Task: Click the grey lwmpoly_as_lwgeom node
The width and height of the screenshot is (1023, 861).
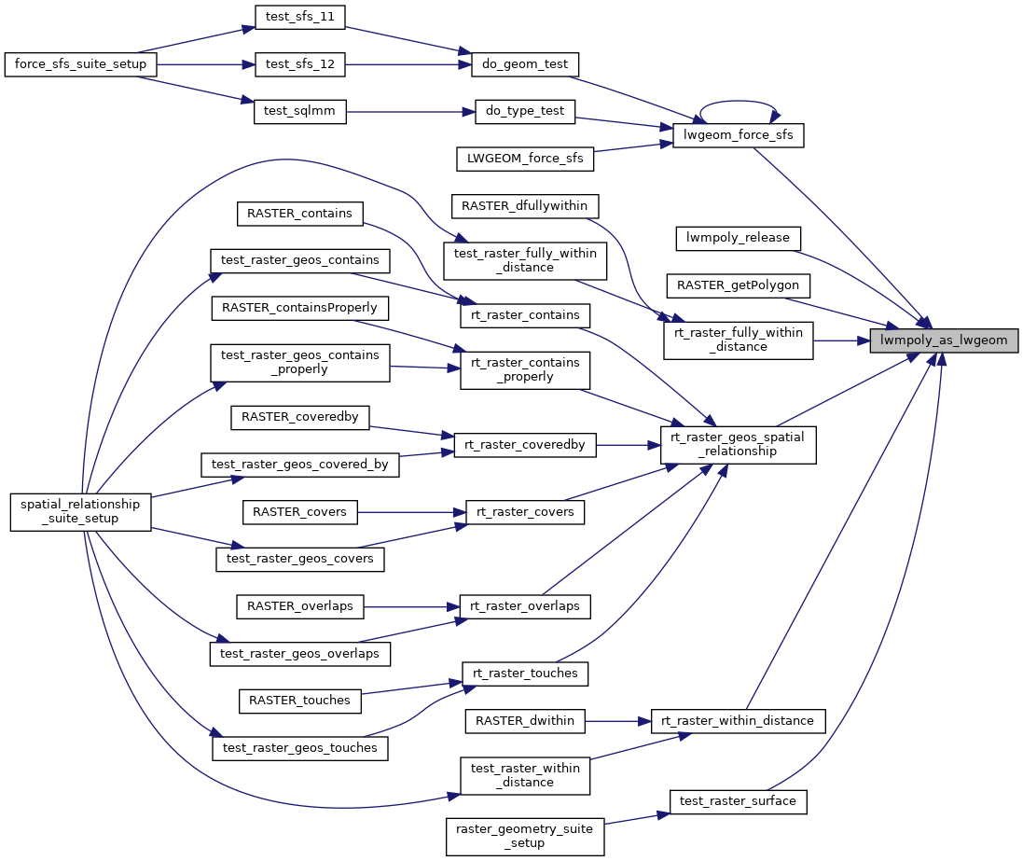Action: click(x=944, y=340)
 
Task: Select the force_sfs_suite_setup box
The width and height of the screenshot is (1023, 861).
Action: click(x=80, y=64)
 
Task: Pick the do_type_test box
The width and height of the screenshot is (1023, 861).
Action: click(x=525, y=111)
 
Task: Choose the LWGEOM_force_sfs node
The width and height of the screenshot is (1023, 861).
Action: click(x=524, y=159)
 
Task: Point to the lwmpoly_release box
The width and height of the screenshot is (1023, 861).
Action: click(x=738, y=238)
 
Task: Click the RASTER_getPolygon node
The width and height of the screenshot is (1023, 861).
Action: click(x=738, y=284)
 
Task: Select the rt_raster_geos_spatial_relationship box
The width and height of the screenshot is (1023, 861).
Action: click(x=739, y=445)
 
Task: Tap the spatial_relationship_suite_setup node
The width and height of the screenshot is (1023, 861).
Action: click(x=80, y=511)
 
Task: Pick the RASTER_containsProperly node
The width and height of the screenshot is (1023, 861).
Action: click(x=300, y=307)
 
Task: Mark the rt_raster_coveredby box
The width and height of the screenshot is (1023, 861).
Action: click(x=524, y=445)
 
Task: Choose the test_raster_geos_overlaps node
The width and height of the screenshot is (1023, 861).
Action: click(x=299, y=653)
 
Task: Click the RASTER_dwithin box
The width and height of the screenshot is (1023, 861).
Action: click(x=525, y=720)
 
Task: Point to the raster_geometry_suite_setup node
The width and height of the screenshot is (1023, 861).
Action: click(x=525, y=836)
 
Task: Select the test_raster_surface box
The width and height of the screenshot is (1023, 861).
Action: click(x=738, y=800)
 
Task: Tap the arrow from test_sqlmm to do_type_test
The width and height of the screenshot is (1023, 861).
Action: click(x=410, y=111)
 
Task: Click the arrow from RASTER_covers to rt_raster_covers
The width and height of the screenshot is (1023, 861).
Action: click(x=410, y=511)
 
